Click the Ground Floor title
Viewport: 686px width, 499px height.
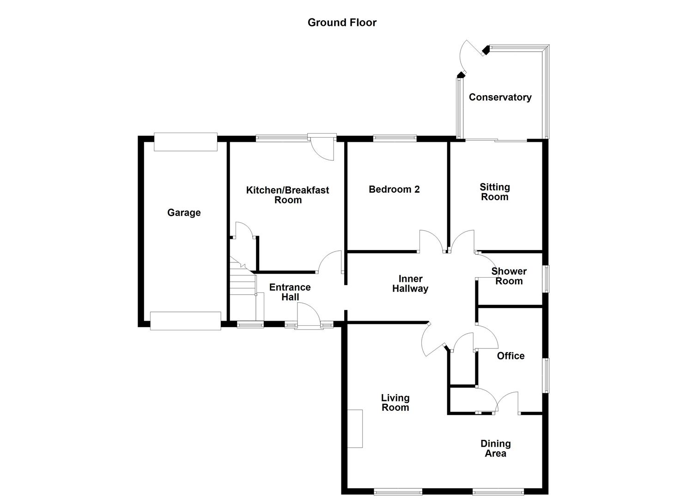click(x=342, y=22)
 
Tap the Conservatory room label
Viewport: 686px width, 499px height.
click(x=500, y=97)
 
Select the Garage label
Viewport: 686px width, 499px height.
click(x=184, y=213)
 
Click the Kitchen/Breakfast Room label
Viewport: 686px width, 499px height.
click(x=287, y=195)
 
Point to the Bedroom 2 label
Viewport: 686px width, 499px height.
click(x=394, y=189)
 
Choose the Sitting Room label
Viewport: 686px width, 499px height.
click(x=494, y=192)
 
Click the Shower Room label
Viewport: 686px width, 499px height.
click(x=509, y=276)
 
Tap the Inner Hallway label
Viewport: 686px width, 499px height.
click(x=410, y=283)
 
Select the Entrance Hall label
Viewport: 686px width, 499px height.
click(x=290, y=292)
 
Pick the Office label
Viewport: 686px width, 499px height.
click(x=510, y=355)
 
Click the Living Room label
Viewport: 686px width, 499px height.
click(x=395, y=402)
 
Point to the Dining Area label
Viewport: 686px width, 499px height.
click(x=495, y=448)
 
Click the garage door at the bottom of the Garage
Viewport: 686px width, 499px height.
click(x=185, y=321)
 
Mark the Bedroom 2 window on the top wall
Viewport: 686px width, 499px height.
click(x=395, y=138)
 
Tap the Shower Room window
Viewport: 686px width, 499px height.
click(x=546, y=278)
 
